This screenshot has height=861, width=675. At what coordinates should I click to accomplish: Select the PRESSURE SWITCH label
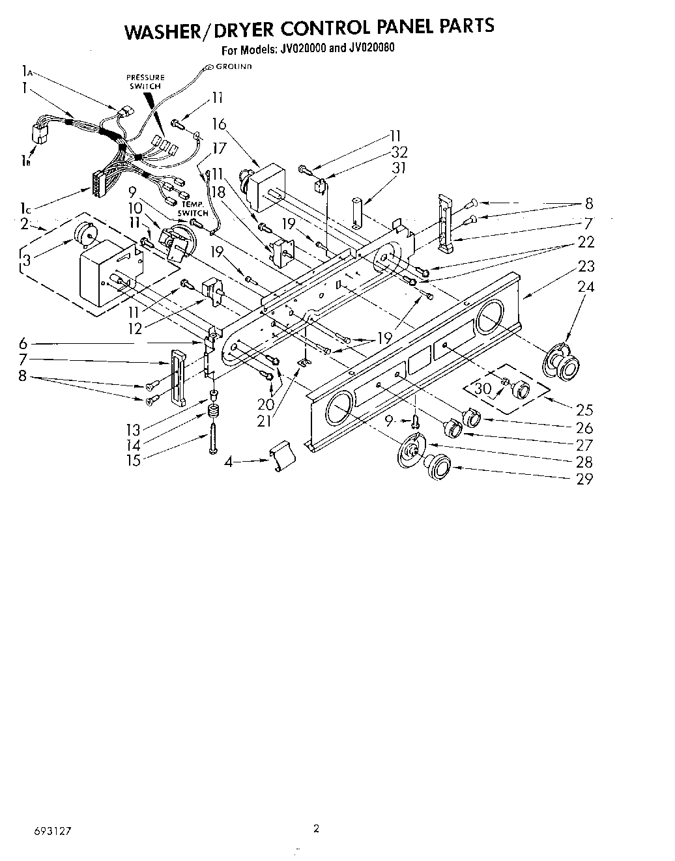145,81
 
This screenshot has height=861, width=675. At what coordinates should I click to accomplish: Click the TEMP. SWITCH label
193,209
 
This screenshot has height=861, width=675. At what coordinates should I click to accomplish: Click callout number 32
398,152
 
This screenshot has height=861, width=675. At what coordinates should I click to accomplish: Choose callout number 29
585,479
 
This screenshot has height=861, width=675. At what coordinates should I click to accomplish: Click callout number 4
228,462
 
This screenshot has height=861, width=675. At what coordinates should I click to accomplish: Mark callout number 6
23,343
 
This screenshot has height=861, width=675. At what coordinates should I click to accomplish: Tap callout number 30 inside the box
483,389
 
